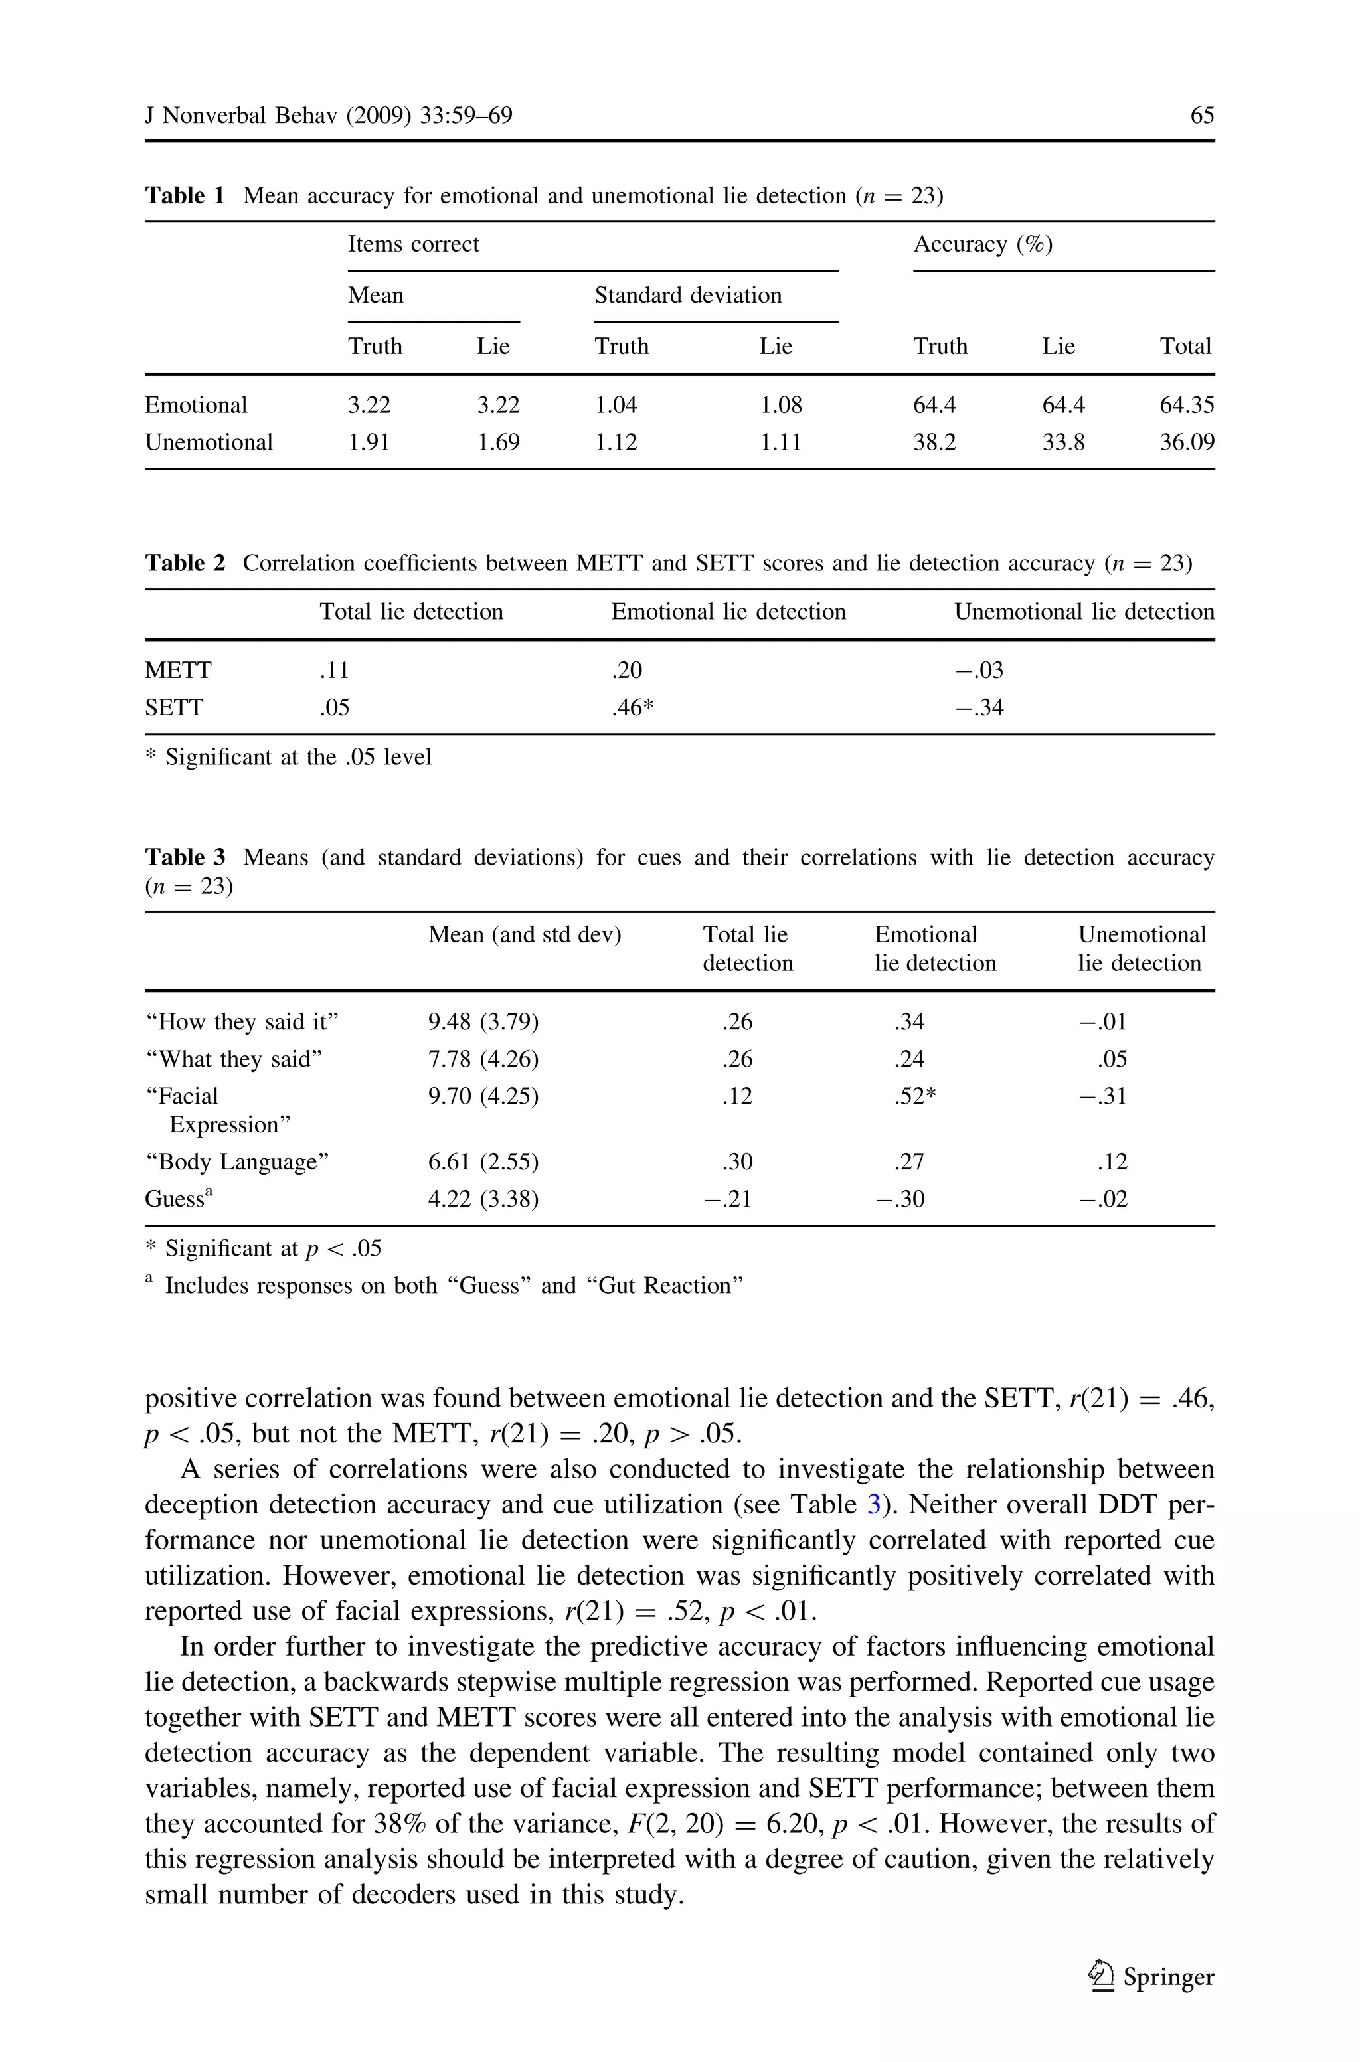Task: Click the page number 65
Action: point(1201,116)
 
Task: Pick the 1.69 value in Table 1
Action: point(498,442)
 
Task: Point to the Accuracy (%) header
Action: point(982,244)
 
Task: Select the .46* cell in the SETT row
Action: point(632,707)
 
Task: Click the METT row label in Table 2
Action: point(178,670)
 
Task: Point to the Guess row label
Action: point(178,1199)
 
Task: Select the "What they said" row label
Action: point(233,1059)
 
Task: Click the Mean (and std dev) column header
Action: point(524,935)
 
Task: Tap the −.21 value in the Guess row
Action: point(727,1199)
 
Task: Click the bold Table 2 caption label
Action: point(184,564)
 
